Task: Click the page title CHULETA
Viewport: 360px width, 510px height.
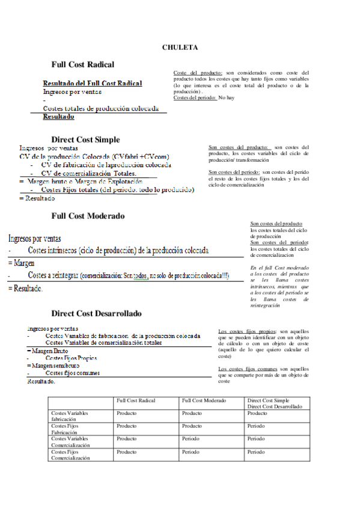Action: pos(180,47)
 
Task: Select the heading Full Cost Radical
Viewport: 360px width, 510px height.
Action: pos(82,64)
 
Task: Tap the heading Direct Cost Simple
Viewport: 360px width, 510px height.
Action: pos(85,139)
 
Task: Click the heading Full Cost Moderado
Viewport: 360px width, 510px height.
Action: pos(88,215)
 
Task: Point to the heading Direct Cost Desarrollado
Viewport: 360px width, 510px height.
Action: pos(96,313)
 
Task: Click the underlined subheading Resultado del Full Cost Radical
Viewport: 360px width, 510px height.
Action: pos(93,83)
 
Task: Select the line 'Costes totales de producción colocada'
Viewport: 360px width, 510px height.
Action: pos(101,108)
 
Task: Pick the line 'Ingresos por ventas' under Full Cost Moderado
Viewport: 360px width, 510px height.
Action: pos(34,239)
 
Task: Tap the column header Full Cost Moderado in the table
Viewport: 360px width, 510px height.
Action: pos(204,401)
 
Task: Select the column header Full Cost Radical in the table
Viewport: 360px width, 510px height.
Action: pos(136,401)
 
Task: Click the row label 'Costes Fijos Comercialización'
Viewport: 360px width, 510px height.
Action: pos(71,454)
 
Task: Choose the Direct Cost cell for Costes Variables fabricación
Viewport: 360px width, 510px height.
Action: pos(257,414)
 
